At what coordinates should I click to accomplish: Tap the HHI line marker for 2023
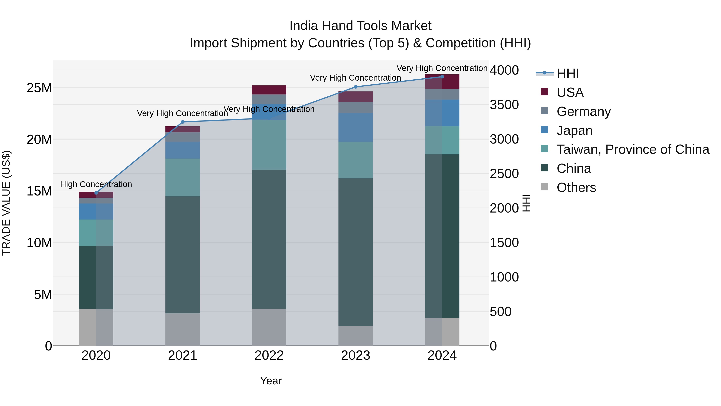(355, 87)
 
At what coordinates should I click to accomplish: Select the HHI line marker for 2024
(442, 77)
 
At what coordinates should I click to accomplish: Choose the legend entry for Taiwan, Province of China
(632, 149)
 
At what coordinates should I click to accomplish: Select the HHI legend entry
(567, 73)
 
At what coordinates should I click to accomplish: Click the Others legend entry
(576, 187)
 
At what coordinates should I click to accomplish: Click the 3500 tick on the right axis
(504, 105)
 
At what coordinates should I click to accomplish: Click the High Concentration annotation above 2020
(96, 184)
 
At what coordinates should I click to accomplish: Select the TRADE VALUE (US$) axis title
(6, 203)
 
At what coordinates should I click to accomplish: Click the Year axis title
(271, 381)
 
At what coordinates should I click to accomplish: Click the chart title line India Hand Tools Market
(360, 26)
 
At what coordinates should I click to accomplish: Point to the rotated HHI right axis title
(526, 203)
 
